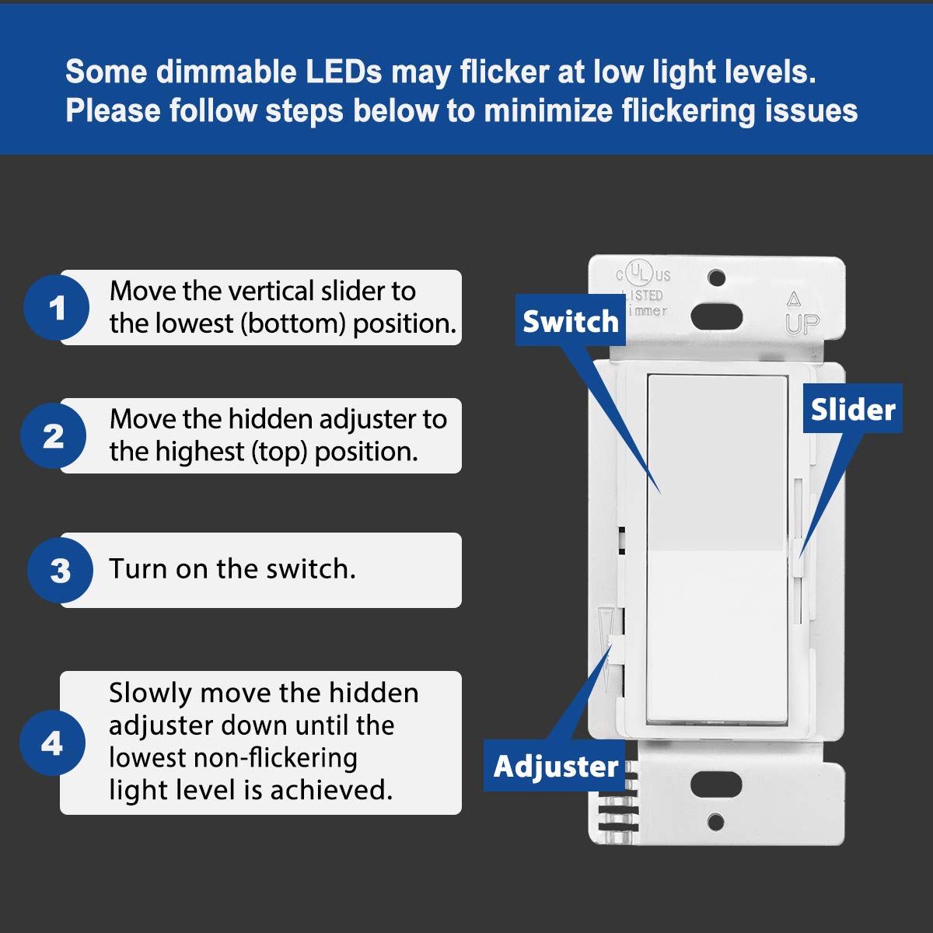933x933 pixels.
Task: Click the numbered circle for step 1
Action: pos(56,308)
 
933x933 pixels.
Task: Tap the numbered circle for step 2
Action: pos(53,435)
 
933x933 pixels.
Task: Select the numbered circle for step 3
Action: pos(60,571)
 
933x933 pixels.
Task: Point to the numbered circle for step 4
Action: pos(51,743)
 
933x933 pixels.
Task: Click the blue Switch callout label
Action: pos(570,320)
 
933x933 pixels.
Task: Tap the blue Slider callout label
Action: pos(852,408)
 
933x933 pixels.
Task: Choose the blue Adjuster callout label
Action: pos(555,766)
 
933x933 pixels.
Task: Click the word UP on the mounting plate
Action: pos(802,323)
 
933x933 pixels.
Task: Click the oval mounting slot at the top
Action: pos(717,314)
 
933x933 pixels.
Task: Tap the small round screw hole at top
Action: pos(717,278)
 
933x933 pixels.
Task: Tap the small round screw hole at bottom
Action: pos(717,821)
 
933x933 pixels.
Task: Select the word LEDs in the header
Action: pos(343,72)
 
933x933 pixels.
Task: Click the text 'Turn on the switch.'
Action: pos(232,569)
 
